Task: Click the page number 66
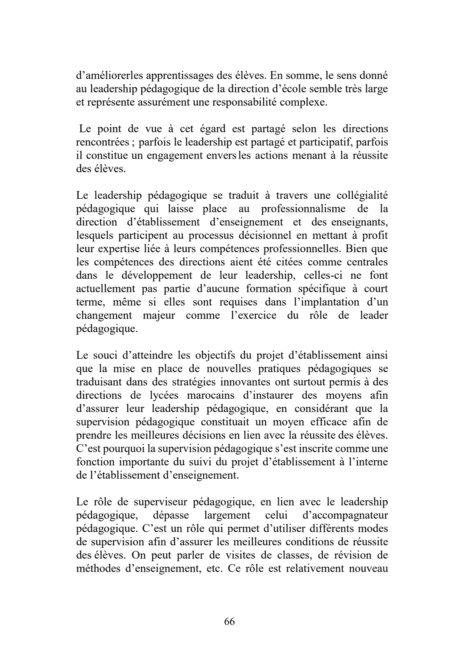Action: coord(229,621)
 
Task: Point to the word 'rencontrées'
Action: coord(102,142)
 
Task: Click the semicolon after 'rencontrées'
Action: coord(133,142)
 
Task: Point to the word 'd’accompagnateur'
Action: coord(345,515)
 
